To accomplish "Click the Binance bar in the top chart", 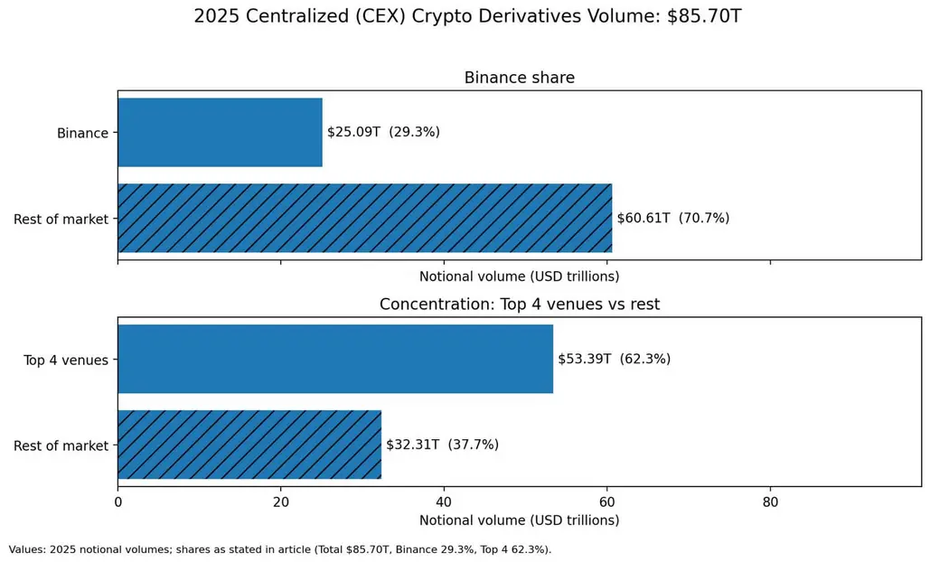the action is click(220, 132).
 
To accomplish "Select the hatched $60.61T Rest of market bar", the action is click(365, 218).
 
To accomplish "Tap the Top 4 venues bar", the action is click(335, 359).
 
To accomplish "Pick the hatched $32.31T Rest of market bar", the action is click(249, 445).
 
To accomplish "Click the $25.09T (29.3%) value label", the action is click(384, 132).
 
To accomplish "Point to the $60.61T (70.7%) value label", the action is click(673, 218).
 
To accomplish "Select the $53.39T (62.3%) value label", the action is click(615, 359).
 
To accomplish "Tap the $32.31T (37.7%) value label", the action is click(443, 445).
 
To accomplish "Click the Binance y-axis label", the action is click(82, 133).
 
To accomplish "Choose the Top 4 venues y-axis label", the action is click(66, 360).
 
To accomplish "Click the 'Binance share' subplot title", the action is click(520, 78).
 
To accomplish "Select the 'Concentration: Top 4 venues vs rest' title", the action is click(520, 304).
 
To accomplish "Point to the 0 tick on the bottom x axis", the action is click(118, 502).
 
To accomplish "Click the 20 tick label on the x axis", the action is click(281, 502).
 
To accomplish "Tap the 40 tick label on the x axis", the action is click(445, 502).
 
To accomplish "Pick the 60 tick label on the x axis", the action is click(607, 502).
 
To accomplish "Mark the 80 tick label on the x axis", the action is click(770, 502).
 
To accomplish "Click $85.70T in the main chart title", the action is click(704, 16).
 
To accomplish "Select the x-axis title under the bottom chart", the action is click(520, 520).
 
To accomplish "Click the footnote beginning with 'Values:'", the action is click(280, 549).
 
